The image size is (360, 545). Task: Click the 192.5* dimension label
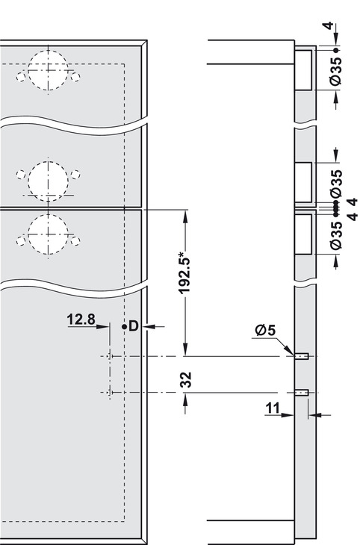pos(184,275)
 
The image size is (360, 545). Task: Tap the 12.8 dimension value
pos(81,320)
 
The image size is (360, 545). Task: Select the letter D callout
pos(134,326)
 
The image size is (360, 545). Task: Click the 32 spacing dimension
pos(186,380)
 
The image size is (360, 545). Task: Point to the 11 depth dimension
pos(273,408)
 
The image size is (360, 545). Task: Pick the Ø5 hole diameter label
pos(265,330)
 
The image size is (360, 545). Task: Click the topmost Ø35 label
pos(336,71)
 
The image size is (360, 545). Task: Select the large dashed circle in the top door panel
pos(48,70)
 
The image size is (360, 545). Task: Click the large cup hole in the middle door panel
pos(48,181)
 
